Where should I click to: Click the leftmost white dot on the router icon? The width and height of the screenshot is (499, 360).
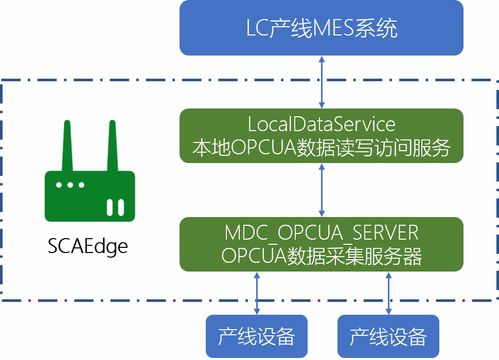coord(60,187)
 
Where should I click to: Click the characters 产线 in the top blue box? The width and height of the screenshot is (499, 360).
coord(287,27)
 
